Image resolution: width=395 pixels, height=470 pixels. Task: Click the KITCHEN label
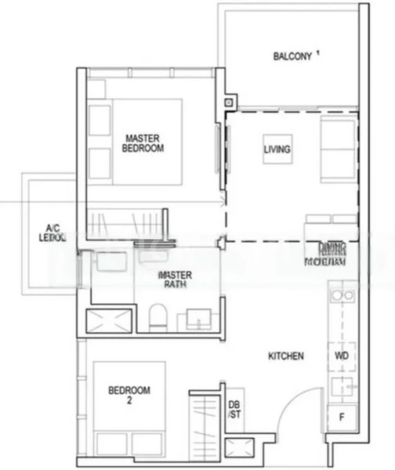coord(285,356)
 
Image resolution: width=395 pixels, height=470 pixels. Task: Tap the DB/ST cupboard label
coord(234,410)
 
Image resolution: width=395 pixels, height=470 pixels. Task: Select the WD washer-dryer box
coord(342,356)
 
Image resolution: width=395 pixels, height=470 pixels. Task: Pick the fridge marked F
coord(342,418)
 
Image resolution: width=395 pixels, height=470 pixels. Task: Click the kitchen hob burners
coord(342,296)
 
